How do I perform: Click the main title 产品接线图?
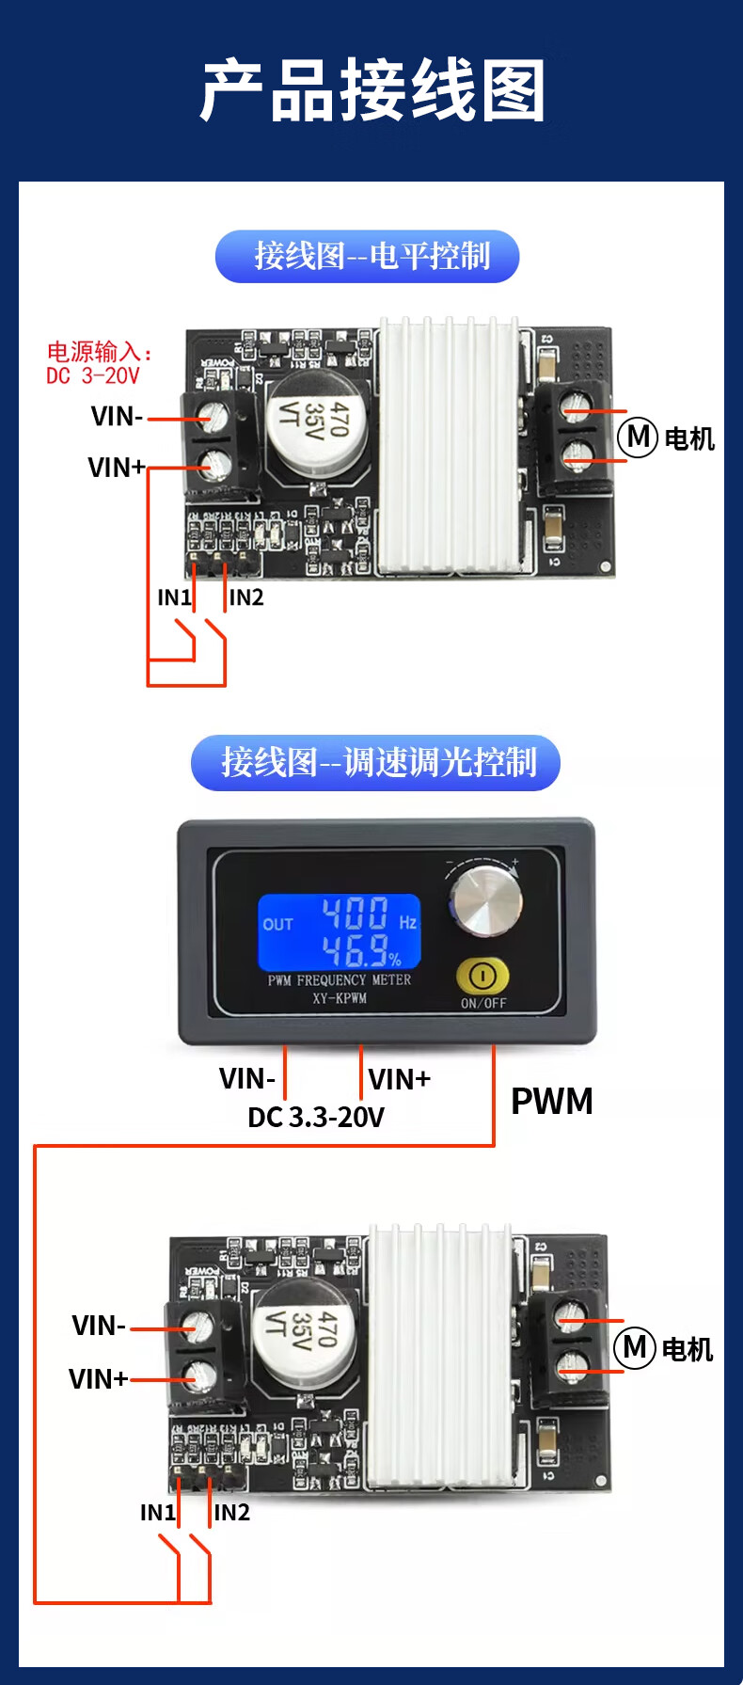[372, 91]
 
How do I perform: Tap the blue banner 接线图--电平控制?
[367, 256]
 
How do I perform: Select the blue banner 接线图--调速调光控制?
[375, 762]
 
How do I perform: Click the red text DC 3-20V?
[93, 376]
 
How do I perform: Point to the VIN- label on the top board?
[117, 417]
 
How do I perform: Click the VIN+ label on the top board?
[116, 468]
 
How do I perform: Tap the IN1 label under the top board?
[174, 597]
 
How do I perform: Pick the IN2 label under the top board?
[246, 597]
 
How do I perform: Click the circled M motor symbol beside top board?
[637, 437]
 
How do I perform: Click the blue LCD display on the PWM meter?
[339, 932]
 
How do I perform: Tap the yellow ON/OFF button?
[482, 977]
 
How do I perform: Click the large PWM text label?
[552, 1101]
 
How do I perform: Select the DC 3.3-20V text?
[316, 1117]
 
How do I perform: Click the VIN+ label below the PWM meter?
[399, 1079]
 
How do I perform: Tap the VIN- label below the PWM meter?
[246, 1078]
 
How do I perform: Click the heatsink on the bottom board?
[440, 1355]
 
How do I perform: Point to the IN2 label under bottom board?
[231, 1512]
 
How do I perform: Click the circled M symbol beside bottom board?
[634, 1347]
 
